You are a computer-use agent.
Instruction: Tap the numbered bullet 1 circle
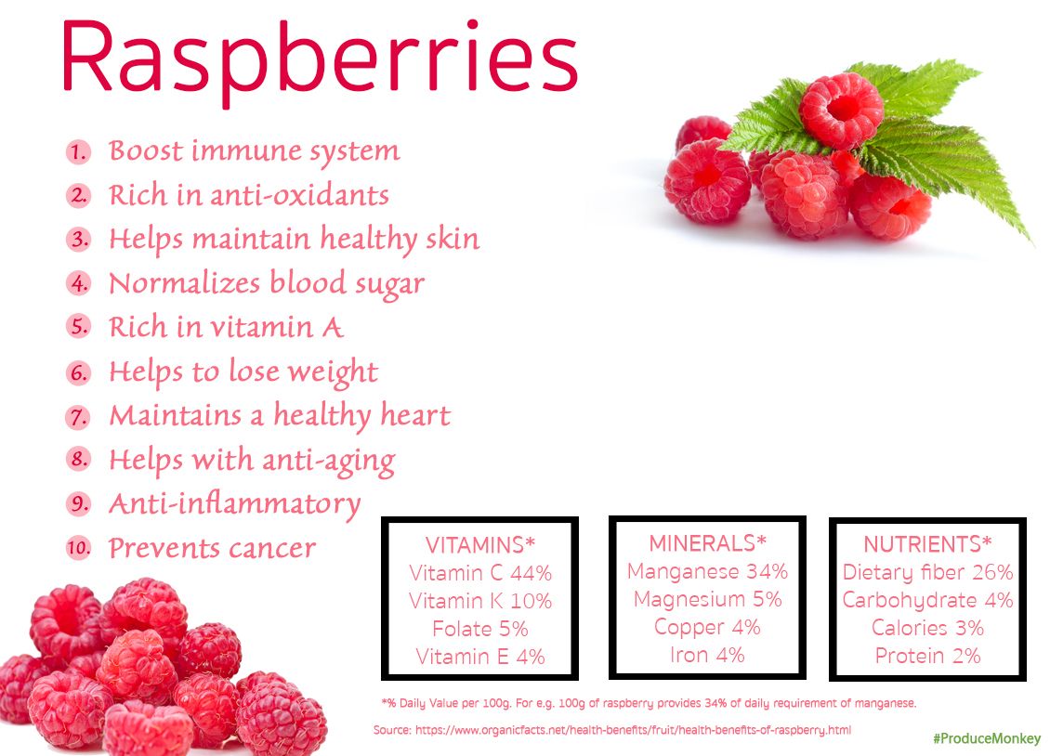tap(78, 151)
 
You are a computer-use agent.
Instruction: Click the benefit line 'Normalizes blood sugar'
tap(266, 283)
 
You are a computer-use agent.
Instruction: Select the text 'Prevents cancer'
tap(212, 548)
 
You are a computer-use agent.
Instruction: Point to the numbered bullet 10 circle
tap(78, 548)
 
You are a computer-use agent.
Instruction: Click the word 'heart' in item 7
tap(413, 415)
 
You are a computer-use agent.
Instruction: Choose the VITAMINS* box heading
tap(480, 545)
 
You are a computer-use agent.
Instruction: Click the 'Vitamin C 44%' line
tap(480, 573)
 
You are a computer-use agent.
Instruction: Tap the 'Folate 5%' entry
tap(480, 629)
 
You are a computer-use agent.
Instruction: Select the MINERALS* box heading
tap(707, 543)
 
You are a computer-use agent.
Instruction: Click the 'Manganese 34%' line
tap(707, 571)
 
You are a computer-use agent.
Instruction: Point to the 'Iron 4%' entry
tap(707, 655)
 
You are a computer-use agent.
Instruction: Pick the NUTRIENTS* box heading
tap(927, 544)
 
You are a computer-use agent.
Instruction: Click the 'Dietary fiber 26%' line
tap(927, 572)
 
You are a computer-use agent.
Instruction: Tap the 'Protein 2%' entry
tap(927, 656)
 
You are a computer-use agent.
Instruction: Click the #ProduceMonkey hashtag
tap(987, 739)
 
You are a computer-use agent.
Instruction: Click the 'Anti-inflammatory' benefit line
tap(234, 504)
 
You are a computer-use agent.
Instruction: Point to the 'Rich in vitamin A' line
tap(226, 327)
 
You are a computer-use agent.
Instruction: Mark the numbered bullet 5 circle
tap(78, 327)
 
